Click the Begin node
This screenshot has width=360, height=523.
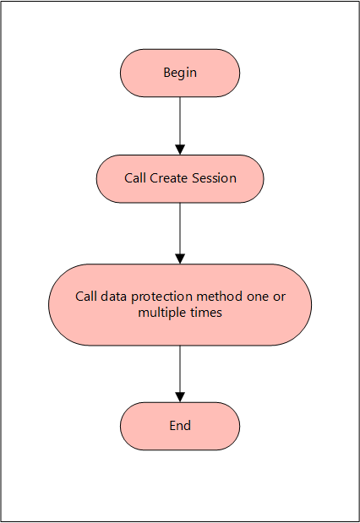click(x=180, y=73)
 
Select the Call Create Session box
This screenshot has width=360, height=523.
click(x=180, y=178)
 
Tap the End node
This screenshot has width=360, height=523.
click(x=180, y=426)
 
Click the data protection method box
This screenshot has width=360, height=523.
click(x=180, y=304)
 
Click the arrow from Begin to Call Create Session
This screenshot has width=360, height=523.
click(x=180, y=123)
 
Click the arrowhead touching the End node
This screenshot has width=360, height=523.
click(x=180, y=397)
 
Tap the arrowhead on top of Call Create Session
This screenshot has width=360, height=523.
click(x=180, y=150)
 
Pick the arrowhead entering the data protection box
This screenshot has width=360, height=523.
click(x=180, y=259)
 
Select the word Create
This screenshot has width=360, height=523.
click(x=168, y=178)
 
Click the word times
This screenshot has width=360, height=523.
click(x=206, y=313)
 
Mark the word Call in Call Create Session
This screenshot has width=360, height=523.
click(x=135, y=178)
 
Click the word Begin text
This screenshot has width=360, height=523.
click(x=180, y=73)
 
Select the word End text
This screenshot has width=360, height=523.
click(x=180, y=426)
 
